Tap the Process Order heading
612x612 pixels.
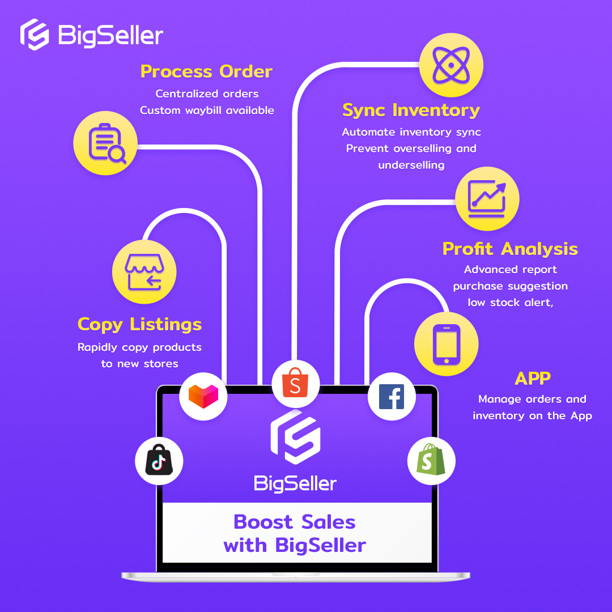pyautogui.click(x=206, y=71)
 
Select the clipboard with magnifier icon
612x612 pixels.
pyautogui.click(x=106, y=142)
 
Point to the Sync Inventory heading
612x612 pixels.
pyautogui.click(x=411, y=110)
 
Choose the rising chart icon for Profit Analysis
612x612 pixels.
pyautogui.click(x=487, y=198)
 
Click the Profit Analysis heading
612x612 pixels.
pyautogui.click(x=510, y=249)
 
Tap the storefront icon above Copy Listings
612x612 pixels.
pyautogui.click(x=144, y=272)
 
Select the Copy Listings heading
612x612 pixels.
pyautogui.click(x=139, y=324)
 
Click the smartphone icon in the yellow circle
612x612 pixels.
pyautogui.click(x=446, y=345)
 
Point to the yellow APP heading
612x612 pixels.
pyautogui.click(x=533, y=378)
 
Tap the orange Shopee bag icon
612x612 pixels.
pyautogui.click(x=295, y=383)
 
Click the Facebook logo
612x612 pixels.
pyautogui.click(x=391, y=396)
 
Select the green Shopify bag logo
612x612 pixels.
pyautogui.click(x=431, y=460)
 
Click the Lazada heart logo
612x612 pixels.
pyautogui.click(x=203, y=396)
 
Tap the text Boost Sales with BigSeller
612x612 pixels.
pyautogui.click(x=295, y=533)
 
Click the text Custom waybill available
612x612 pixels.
pyautogui.click(x=207, y=110)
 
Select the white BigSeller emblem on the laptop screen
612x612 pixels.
pyautogui.click(x=295, y=437)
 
